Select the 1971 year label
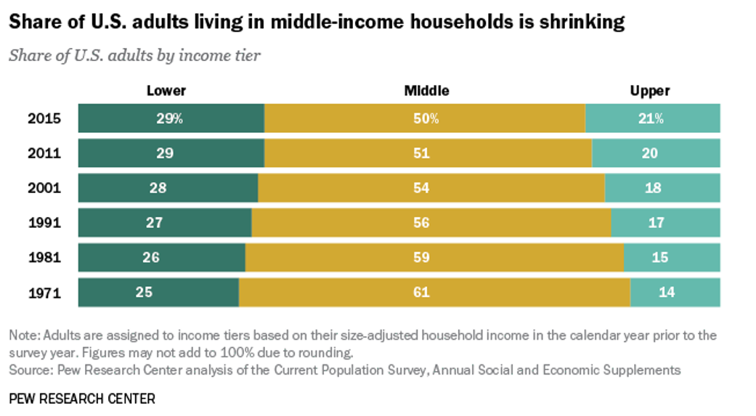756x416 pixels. pyautogui.click(x=44, y=293)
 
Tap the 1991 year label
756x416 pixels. pyautogui.click(x=44, y=223)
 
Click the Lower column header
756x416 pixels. pyautogui.click(x=166, y=91)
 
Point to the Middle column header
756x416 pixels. pyautogui.click(x=426, y=91)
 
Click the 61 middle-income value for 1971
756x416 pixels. pyautogui.click(x=420, y=293)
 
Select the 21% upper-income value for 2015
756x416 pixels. pyautogui.click(x=652, y=118)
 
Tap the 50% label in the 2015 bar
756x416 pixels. pyautogui.click(x=426, y=118)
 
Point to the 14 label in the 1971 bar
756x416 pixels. pyautogui.click(x=667, y=293)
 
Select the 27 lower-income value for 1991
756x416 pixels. pyautogui.click(x=154, y=223)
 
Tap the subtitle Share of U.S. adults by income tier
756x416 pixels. pyautogui.click(x=134, y=56)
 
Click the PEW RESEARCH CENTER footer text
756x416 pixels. pyautogui.click(x=82, y=399)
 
